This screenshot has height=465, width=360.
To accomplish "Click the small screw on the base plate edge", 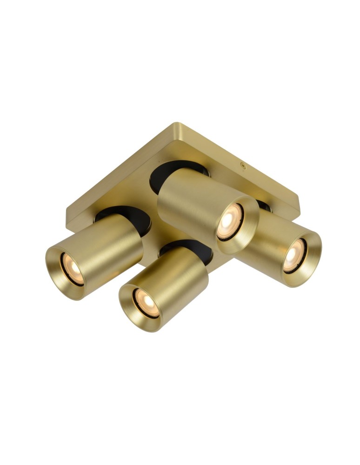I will coord(242,165).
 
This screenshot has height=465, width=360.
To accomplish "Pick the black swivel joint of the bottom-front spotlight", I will coord(186,249).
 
